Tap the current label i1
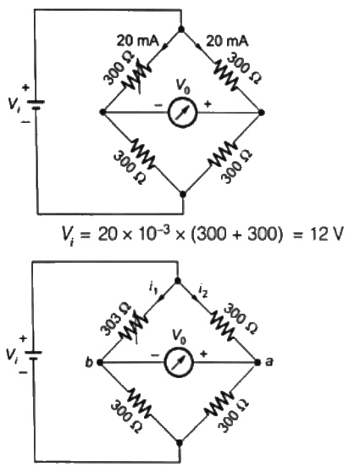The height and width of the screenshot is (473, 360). pos(154,291)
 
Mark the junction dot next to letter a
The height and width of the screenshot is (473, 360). pos(258,362)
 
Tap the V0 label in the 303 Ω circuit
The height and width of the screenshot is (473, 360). pos(181,333)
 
